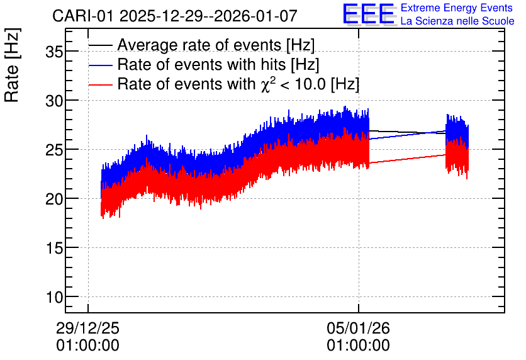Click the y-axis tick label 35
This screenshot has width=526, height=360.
tap(54, 52)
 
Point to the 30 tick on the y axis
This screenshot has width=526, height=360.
tap(54, 101)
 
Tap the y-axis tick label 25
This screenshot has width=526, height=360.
tap(54, 150)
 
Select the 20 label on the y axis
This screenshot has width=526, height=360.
tap(54, 199)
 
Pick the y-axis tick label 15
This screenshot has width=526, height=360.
tap(54, 248)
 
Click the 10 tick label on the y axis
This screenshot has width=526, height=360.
tap(54, 297)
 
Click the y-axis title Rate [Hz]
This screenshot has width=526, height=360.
tap(12, 65)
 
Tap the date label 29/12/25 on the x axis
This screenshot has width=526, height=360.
tap(87, 328)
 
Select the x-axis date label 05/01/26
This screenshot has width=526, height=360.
tap(358, 328)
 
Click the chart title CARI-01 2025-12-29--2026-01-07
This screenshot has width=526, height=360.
tap(175, 16)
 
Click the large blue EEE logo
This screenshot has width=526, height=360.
tap(369, 14)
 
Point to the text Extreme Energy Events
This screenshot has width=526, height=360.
tap(457, 8)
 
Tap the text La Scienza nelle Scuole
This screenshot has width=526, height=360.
tap(457, 21)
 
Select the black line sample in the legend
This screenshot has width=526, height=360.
tap(100, 45)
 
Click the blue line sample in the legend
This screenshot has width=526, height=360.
tap(100, 65)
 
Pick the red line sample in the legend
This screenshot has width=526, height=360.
tap(100, 85)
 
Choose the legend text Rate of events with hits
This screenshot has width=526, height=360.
tap(202, 64)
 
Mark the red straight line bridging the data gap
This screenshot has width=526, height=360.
tap(407, 159)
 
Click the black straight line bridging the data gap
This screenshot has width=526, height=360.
tap(407, 132)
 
